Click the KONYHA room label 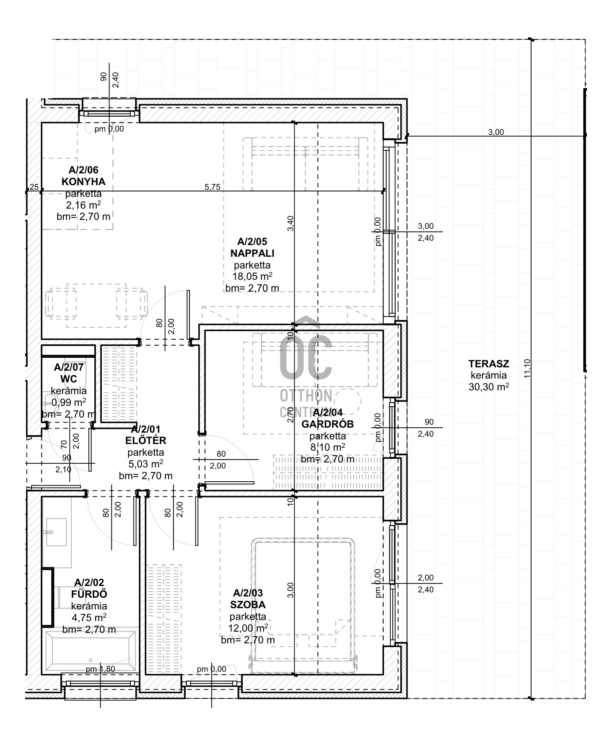83,182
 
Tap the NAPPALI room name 252,253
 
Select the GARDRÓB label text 328,424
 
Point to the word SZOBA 248,605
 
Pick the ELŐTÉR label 146,440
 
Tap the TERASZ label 489,364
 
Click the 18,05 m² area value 252,276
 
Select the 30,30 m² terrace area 489,387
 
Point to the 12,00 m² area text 248,628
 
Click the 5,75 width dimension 212,187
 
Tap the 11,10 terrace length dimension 527,369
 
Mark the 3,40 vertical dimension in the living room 291,223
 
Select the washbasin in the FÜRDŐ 56,532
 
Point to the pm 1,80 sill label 100,669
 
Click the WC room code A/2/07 69,367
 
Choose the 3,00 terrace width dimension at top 496,132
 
